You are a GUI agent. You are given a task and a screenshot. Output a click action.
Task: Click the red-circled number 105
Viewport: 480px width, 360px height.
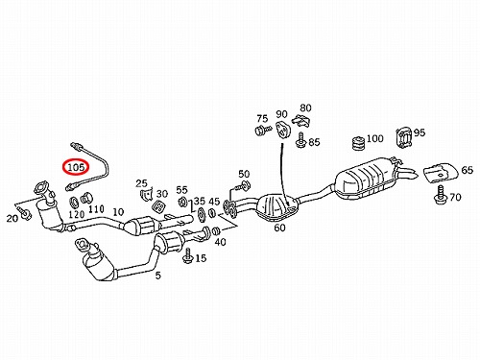(76, 166)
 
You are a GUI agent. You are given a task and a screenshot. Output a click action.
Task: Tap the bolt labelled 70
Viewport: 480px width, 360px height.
(441, 194)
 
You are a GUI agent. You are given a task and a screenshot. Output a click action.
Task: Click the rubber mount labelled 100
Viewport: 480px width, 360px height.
(358, 143)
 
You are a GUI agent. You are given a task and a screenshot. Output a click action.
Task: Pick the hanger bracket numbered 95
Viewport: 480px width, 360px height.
(403, 138)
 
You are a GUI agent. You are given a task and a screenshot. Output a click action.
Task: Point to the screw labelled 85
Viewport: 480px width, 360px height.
(300, 140)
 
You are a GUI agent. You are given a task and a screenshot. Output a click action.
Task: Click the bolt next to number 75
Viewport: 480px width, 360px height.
(263, 131)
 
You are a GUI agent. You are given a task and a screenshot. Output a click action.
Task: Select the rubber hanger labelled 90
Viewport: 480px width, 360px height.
(282, 129)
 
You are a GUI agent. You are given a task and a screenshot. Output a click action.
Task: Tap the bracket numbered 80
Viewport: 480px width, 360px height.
(301, 120)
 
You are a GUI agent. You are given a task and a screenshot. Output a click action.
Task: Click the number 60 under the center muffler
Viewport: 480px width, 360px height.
(279, 228)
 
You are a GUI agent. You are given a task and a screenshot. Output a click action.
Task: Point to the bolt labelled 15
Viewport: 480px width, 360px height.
(187, 255)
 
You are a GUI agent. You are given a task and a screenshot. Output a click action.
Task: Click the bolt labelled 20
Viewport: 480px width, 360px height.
(24, 213)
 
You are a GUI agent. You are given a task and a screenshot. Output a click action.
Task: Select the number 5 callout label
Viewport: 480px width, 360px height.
(158, 275)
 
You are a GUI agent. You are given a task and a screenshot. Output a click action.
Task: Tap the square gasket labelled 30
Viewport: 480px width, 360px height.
(158, 206)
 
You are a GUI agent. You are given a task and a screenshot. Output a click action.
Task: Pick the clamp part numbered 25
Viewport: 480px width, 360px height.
(146, 195)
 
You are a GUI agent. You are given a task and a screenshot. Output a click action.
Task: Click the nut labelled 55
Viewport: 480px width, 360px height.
(182, 202)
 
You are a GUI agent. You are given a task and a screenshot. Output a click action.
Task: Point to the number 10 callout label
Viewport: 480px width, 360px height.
(118, 212)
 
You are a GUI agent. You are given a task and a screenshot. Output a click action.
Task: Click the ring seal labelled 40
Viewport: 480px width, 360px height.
(216, 230)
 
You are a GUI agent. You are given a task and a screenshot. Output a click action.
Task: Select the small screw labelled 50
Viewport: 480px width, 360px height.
(242, 186)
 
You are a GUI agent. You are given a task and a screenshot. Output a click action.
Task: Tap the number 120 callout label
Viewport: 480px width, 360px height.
(77, 214)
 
